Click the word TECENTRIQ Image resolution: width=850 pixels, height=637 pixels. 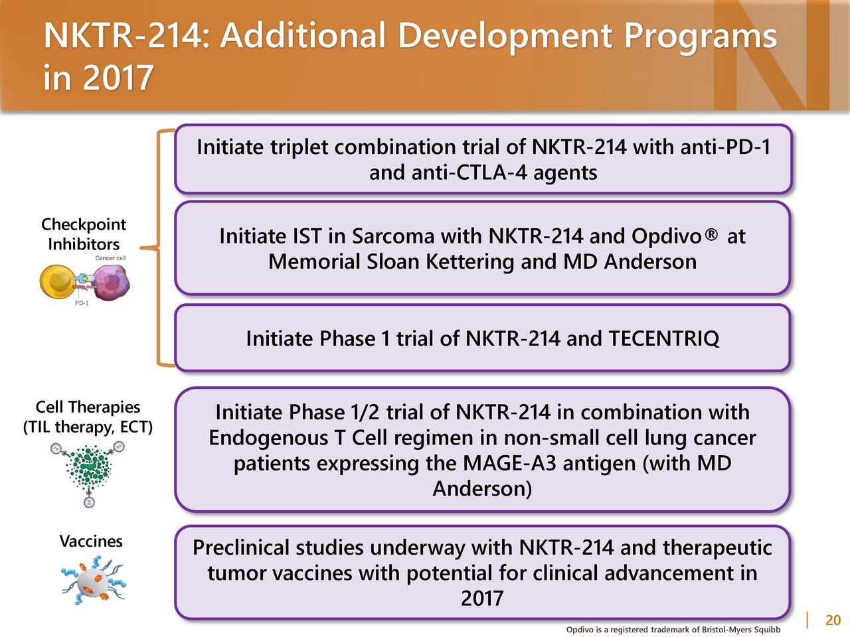tap(664, 338)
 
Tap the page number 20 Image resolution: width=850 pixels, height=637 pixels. tap(833, 620)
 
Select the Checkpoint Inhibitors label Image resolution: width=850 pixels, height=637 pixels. tap(84, 234)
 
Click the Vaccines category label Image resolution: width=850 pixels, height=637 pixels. tap(91, 541)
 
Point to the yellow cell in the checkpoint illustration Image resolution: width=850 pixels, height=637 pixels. tap(57, 281)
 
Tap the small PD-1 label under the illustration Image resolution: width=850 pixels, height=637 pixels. tap(82, 303)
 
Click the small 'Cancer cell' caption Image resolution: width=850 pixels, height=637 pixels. tap(110, 258)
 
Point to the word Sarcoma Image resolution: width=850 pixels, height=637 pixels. tap(392, 236)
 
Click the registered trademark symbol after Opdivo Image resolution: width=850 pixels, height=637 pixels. tap(711, 234)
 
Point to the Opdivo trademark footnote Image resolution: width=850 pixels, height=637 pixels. tap(673, 630)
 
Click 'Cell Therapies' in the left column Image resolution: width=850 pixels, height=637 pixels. tap(88, 407)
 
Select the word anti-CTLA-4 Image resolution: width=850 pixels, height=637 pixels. tap(469, 173)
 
